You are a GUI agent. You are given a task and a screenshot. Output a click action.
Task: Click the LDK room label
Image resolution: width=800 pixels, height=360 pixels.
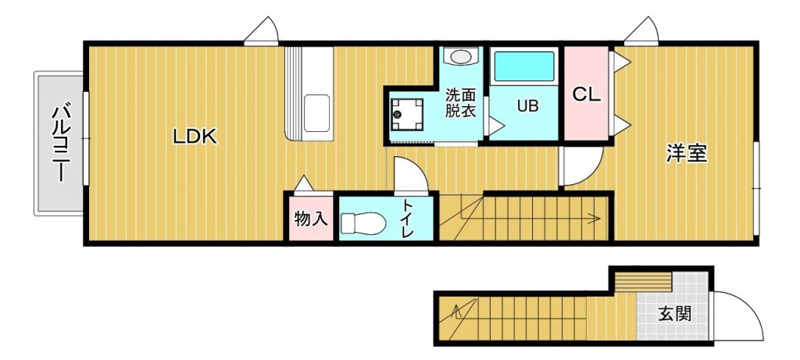[195, 137]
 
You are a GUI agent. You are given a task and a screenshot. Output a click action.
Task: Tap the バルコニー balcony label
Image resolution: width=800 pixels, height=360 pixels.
[61, 143]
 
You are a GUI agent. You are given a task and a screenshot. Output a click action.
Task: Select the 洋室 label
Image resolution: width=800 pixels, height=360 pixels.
[687, 154]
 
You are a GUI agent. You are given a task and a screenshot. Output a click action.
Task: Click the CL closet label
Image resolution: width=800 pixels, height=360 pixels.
[586, 94]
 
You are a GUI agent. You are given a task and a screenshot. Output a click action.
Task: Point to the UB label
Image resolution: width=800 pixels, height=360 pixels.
[527, 106]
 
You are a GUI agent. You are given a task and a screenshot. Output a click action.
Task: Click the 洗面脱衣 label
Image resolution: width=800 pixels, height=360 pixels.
[461, 104]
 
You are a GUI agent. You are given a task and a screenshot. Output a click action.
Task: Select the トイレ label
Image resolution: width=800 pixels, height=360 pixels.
[408, 219]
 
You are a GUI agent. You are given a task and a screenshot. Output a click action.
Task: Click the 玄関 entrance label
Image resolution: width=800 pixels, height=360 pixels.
[674, 314]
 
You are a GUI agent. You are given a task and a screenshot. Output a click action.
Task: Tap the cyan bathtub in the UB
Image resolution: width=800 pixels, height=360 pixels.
[524, 66]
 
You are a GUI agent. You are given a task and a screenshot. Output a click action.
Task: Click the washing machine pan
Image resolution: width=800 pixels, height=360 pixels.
[406, 116]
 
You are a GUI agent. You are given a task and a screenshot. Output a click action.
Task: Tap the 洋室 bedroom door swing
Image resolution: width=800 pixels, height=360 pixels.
[581, 166]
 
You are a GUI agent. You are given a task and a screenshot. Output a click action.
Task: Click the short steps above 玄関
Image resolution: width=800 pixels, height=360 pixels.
[642, 282]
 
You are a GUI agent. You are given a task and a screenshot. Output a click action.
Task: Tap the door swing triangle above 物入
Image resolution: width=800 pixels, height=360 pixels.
[305, 184]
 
